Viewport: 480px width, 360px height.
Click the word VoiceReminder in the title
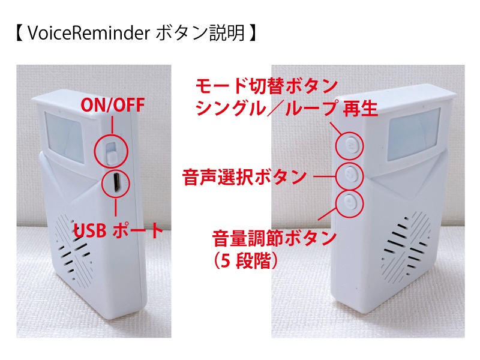tap(88, 33)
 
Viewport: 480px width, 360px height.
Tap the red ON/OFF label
tap(113, 105)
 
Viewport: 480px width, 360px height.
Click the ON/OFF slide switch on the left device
tap(112, 152)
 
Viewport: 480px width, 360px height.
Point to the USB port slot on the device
tap(116, 184)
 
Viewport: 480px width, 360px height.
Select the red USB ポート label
tap(118, 230)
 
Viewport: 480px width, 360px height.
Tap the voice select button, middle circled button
tap(350, 176)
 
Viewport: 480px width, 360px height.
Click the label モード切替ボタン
tap(266, 86)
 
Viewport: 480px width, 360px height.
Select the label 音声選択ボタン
tap(245, 177)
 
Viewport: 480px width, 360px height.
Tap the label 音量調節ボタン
tap(274, 238)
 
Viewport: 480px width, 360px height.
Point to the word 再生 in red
tap(360, 109)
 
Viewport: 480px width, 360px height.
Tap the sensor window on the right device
tap(413, 134)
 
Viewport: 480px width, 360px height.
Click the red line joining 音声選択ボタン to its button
tap(325, 176)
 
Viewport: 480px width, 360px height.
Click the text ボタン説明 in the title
tap(200, 33)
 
